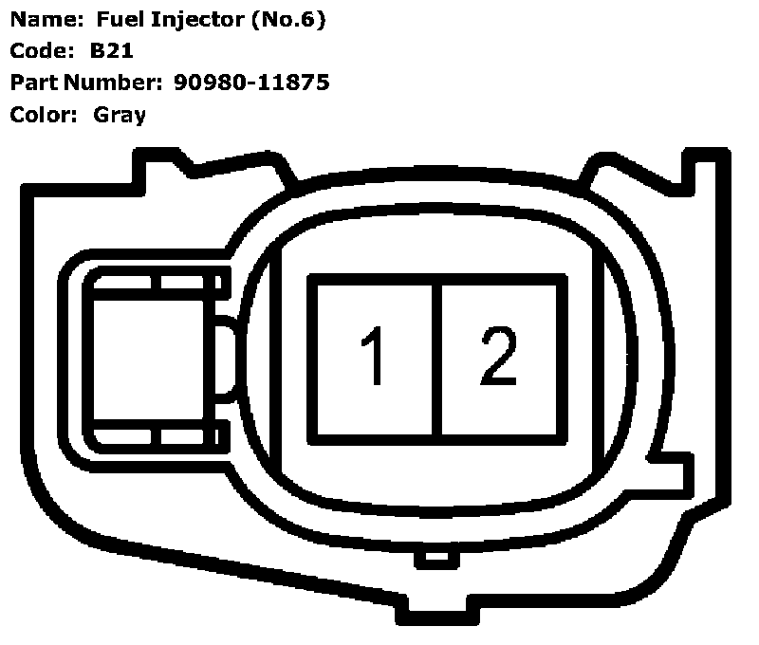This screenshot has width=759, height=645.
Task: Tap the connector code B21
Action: pyautogui.click(x=112, y=51)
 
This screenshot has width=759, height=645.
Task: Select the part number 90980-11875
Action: pyautogui.click(x=252, y=83)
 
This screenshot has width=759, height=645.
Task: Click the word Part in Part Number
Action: pyautogui.click(x=32, y=83)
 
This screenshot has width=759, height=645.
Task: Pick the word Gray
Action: pyautogui.click(x=120, y=115)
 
